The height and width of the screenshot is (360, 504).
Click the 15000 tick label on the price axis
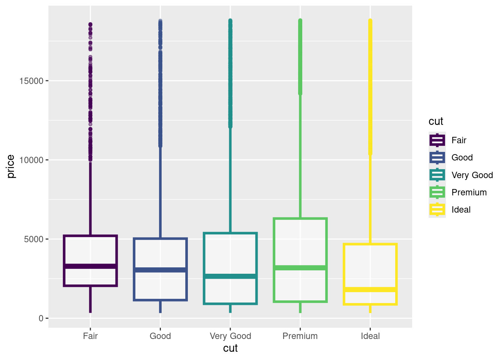point(31,81)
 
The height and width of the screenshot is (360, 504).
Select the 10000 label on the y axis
point(31,160)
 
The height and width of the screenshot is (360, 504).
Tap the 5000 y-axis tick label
point(34,239)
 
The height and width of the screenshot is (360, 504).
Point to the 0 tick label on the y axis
point(41,318)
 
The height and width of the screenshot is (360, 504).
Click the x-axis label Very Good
point(230,336)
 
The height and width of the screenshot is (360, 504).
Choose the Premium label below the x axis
point(300,336)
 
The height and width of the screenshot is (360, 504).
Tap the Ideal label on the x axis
point(370,336)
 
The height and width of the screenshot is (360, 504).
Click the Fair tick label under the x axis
point(90,336)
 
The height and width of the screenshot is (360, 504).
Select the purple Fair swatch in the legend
point(437,140)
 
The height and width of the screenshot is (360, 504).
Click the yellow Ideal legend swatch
point(437,210)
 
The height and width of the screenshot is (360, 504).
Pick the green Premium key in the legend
point(437,192)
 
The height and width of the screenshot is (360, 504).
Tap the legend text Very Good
point(472,175)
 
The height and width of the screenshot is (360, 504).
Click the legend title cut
point(436,121)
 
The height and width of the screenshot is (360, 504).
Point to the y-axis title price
point(11,166)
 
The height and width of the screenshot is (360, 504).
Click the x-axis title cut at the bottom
point(230,348)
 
